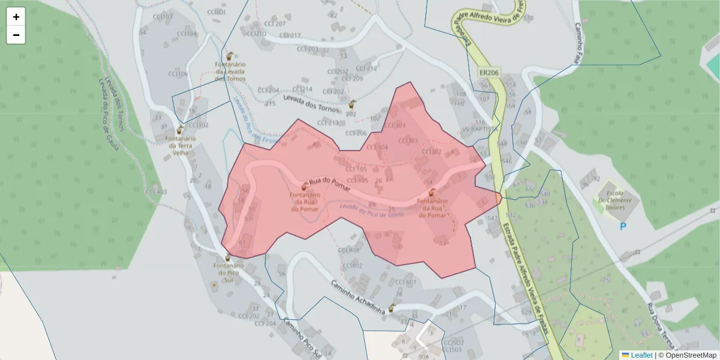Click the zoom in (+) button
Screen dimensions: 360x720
[x=16, y=17]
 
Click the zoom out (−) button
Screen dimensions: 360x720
[x=16, y=35]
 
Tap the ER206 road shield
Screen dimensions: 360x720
[x=489, y=72]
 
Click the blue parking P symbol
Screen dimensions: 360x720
[x=623, y=226]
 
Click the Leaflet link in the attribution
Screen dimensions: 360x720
[x=641, y=355]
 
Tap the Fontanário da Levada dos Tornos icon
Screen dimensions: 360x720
[x=229, y=55]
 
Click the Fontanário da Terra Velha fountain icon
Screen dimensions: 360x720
[x=179, y=130]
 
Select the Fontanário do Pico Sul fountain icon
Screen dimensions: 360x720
[x=227, y=258]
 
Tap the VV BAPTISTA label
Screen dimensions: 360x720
[x=480, y=129]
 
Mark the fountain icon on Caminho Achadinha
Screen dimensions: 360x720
[x=392, y=308]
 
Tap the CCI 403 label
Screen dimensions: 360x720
[x=155, y=191]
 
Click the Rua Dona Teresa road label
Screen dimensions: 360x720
[x=663, y=327]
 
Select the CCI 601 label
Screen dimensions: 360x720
[x=406, y=282]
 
